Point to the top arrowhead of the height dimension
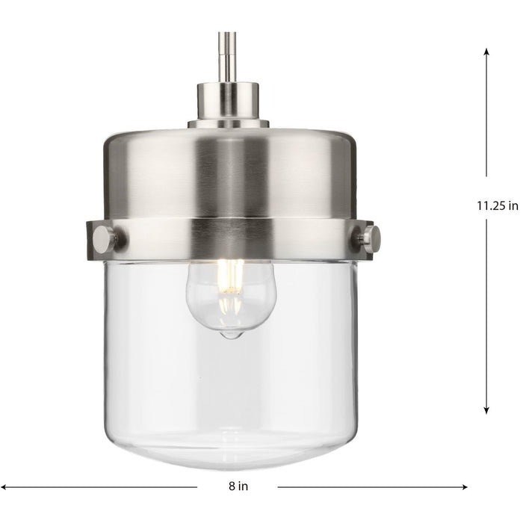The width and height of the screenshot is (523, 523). (x=486, y=53)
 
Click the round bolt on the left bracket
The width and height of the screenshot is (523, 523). (x=104, y=239)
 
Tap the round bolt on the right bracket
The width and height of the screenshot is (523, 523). (x=370, y=239)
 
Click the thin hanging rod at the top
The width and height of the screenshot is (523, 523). (x=224, y=56)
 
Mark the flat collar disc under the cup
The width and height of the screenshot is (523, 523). (x=228, y=123)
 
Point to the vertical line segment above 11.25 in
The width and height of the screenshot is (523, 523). (x=486, y=120)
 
